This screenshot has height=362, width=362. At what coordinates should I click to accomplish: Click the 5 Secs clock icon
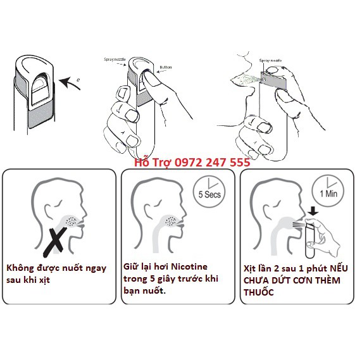(206, 193)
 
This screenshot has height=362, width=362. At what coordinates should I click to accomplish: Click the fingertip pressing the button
(145, 75)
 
